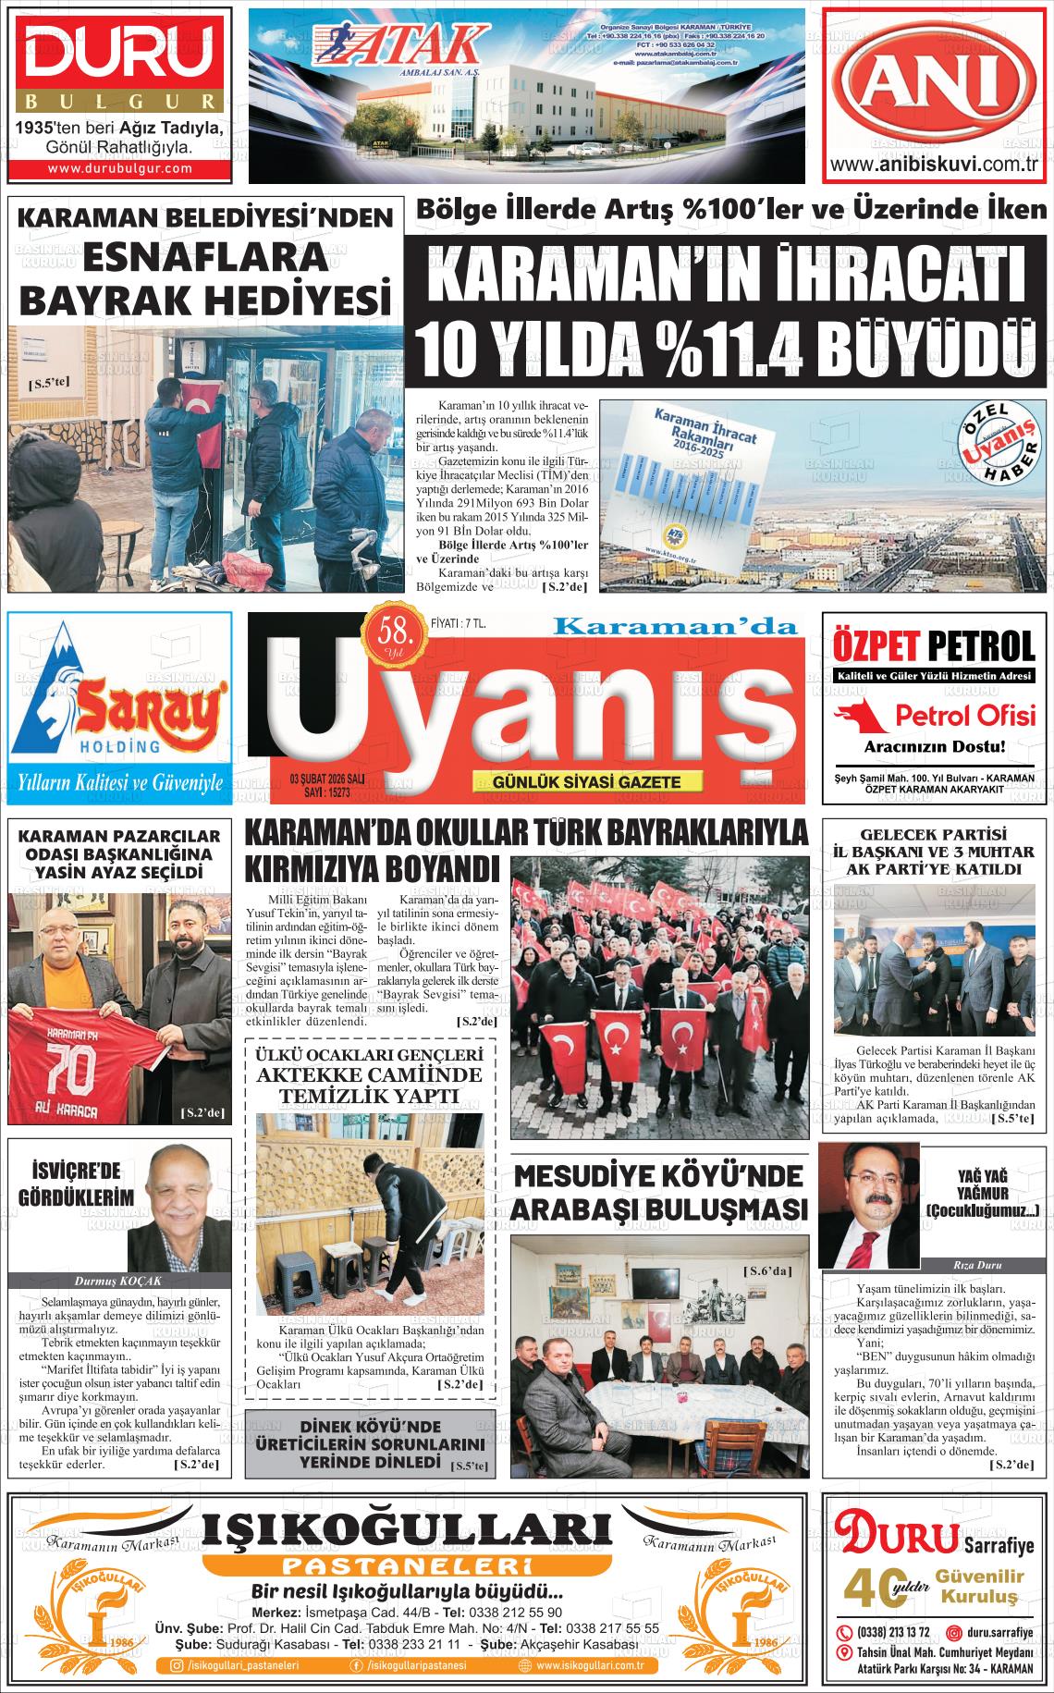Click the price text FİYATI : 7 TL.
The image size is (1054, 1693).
click(x=459, y=625)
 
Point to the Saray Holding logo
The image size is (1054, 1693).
click(x=119, y=703)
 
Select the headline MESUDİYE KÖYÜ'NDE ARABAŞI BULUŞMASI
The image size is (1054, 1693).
click(x=660, y=1193)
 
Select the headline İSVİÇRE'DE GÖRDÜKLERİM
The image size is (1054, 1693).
click(x=70, y=1183)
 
